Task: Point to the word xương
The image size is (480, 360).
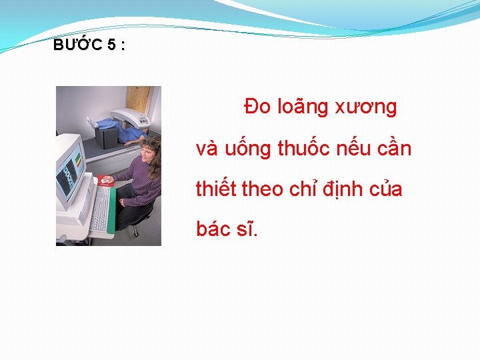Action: [369, 107]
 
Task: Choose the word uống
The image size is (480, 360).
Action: [249, 149]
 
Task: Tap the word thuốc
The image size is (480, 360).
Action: [305, 149]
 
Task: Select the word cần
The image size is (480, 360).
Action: [397, 149]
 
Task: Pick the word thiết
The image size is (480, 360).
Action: [216, 189]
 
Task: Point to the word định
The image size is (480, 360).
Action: [341, 190]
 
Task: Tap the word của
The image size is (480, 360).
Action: [386, 189]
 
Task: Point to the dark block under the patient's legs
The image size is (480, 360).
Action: [106, 137]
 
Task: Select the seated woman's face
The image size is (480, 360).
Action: [149, 152]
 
